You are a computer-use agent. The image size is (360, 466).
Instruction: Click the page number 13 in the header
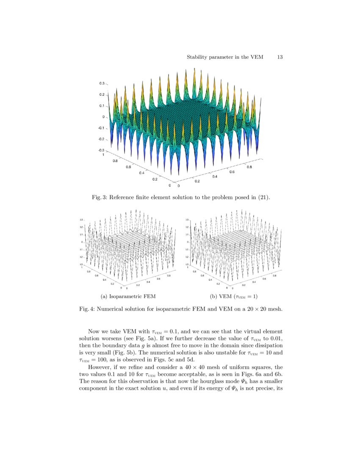280,57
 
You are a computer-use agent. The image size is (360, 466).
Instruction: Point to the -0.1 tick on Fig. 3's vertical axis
102,128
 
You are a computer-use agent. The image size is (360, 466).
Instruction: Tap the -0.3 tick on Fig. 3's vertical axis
102,150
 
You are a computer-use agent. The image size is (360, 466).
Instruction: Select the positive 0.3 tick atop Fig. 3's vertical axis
102,83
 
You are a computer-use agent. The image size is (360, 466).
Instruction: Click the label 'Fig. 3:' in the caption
99,197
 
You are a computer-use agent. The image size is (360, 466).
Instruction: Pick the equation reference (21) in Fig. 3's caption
263,197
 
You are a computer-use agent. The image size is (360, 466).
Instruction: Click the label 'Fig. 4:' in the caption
87,309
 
